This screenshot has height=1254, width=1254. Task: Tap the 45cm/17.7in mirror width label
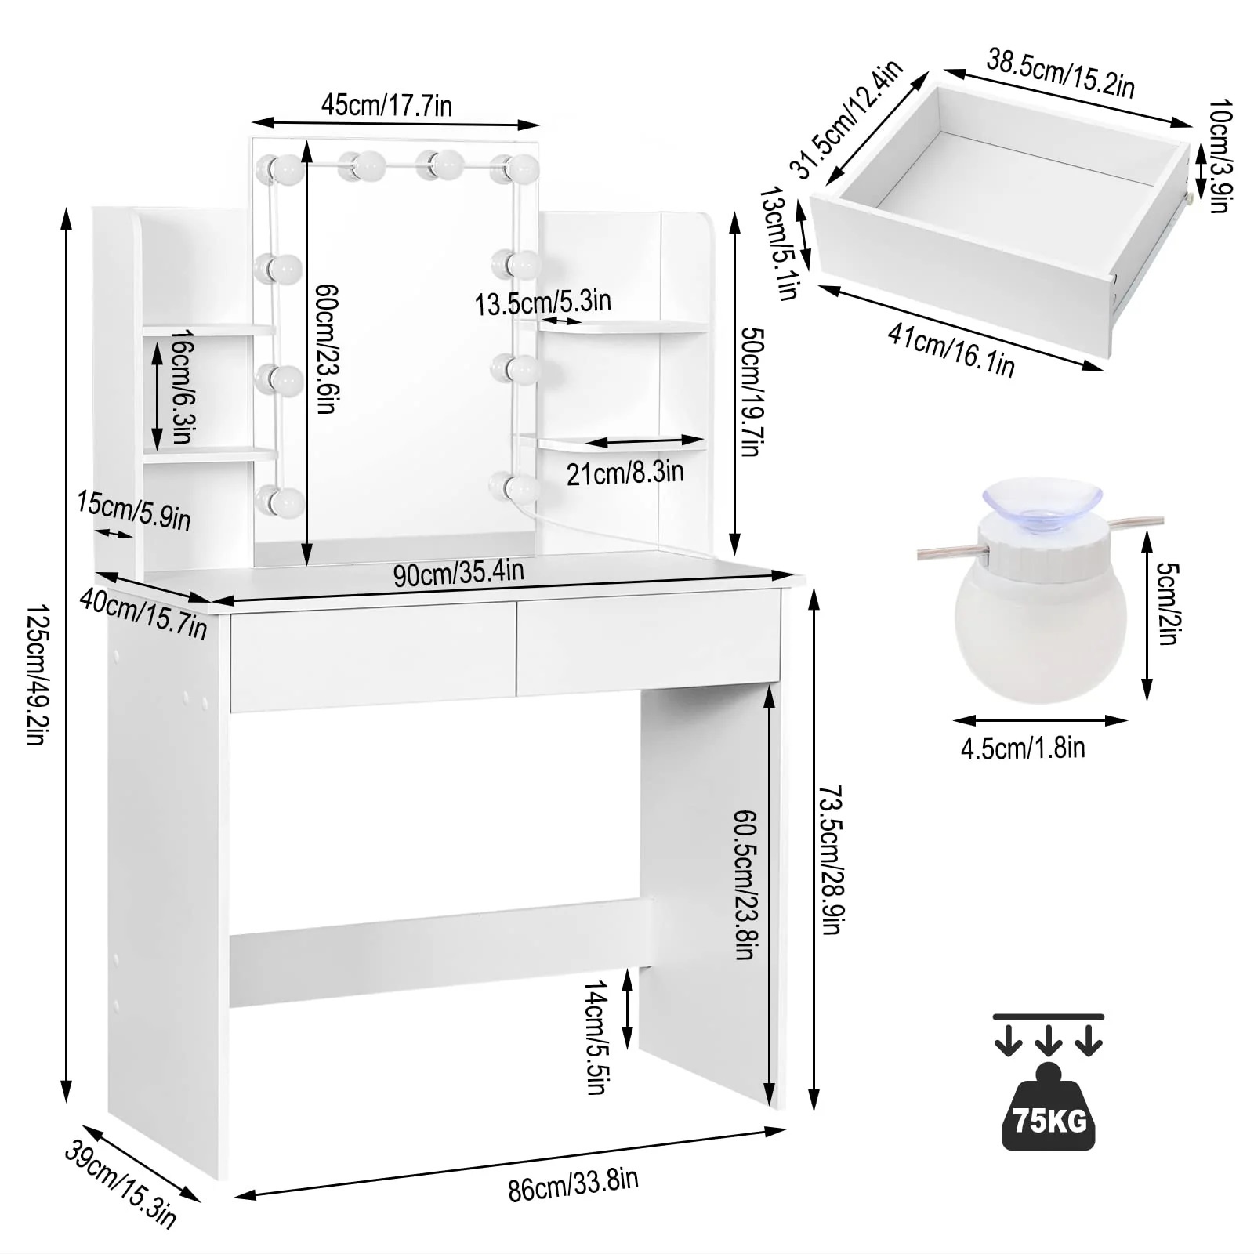386,105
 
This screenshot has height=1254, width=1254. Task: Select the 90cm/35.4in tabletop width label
458,573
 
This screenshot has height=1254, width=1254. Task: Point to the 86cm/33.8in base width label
573,1184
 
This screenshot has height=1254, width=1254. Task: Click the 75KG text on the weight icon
1049,1121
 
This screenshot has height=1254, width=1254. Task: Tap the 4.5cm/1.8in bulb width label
1023,748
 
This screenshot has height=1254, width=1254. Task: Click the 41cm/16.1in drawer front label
951,350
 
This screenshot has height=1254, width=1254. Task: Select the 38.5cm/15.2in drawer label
1060,73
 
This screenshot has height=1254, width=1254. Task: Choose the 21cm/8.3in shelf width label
625,473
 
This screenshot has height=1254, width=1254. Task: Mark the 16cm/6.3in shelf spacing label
182,386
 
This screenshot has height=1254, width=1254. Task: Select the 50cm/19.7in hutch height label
752,392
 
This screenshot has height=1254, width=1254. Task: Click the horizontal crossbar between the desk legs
439,952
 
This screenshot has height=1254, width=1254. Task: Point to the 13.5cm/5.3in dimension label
542,302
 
